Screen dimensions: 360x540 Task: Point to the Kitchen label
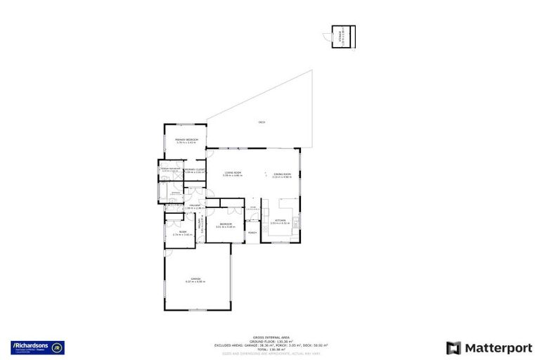(279, 221)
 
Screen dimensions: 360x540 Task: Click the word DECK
(262, 122)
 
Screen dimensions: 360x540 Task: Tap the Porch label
(252, 233)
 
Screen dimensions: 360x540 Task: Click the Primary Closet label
(194, 169)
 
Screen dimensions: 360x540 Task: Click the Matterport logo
(484, 347)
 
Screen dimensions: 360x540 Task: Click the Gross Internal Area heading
(270, 337)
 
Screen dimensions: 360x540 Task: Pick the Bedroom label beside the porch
(224, 224)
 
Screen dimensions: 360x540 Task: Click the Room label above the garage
(182, 232)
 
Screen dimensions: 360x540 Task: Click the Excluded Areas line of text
(270, 345)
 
